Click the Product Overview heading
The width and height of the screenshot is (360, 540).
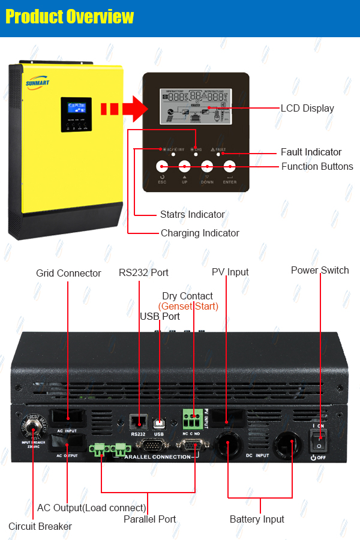click(x=70, y=17)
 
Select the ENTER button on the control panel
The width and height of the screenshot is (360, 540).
click(x=230, y=167)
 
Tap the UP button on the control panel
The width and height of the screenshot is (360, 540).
click(x=184, y=167)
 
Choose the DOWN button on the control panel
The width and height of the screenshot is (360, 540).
click(x=207, y=167)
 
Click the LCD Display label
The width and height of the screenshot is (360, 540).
click(x=307, y=109)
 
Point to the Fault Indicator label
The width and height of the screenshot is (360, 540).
click(x=311, y=152)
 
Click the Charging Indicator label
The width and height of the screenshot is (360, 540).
click(x=200, y=233)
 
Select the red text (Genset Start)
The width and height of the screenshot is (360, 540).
click(x=188, y=307)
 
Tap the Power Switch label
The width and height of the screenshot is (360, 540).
click(x=320, y=270)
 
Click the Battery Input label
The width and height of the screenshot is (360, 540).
click(x=257, y=519)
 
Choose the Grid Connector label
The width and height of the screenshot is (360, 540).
click(x=68, y=273)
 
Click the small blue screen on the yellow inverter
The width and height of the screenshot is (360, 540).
click(x=76, y=108)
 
